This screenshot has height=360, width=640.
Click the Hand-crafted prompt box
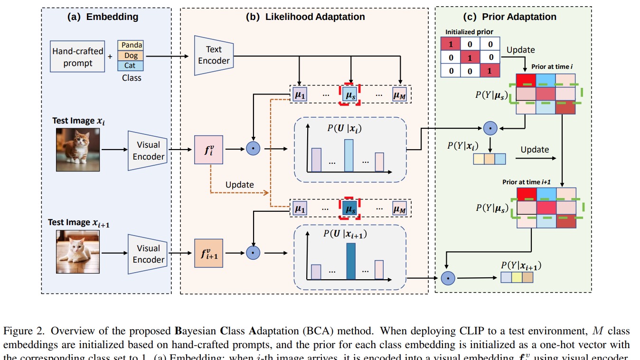coord(78,57)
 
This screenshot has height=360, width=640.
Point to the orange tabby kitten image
coord(77,150)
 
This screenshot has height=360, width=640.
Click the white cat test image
coord(77,251)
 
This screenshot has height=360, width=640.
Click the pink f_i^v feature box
coord(208,150)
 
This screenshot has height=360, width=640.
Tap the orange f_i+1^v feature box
coord(208,254)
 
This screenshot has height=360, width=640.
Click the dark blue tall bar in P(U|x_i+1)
coord(350,261)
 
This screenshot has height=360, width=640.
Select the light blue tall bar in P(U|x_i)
coord(349,155)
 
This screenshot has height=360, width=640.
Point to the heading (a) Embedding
coord(103,17)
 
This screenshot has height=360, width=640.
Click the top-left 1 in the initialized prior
coord(451,45)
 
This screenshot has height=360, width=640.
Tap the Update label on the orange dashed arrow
coord(239,184)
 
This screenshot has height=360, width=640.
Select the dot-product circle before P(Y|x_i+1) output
coord(447,278)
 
